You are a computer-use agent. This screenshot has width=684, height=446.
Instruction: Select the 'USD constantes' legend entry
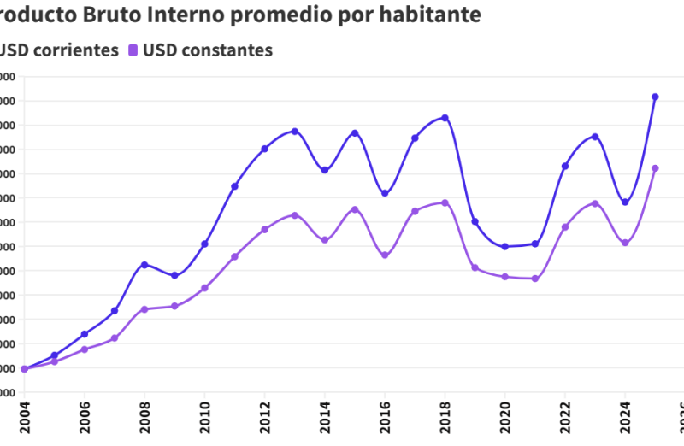[208, 50]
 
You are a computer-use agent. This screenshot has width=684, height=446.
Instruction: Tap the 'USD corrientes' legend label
[58, 50]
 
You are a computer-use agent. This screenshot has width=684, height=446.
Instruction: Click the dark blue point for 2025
[655, 97]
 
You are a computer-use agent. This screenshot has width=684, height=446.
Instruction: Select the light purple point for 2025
[655, 168]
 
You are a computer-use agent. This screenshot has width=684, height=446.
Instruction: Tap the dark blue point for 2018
[445, 118]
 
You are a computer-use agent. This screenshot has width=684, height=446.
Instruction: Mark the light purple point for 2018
[445, 202]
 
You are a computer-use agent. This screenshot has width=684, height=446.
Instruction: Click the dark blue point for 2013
[295, 132]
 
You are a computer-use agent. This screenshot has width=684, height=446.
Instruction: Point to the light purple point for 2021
[535, 279]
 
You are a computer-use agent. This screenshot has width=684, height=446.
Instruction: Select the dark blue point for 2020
[504, 247]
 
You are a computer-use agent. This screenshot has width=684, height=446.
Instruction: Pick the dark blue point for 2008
[144, 265]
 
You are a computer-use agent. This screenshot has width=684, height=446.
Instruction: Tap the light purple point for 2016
[385, 255]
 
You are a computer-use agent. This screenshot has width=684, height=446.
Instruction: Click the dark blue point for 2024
[625, 202]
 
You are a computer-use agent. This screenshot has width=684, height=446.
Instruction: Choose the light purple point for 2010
[204, 288]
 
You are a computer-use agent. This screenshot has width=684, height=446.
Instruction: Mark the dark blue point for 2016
[385, 193]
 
